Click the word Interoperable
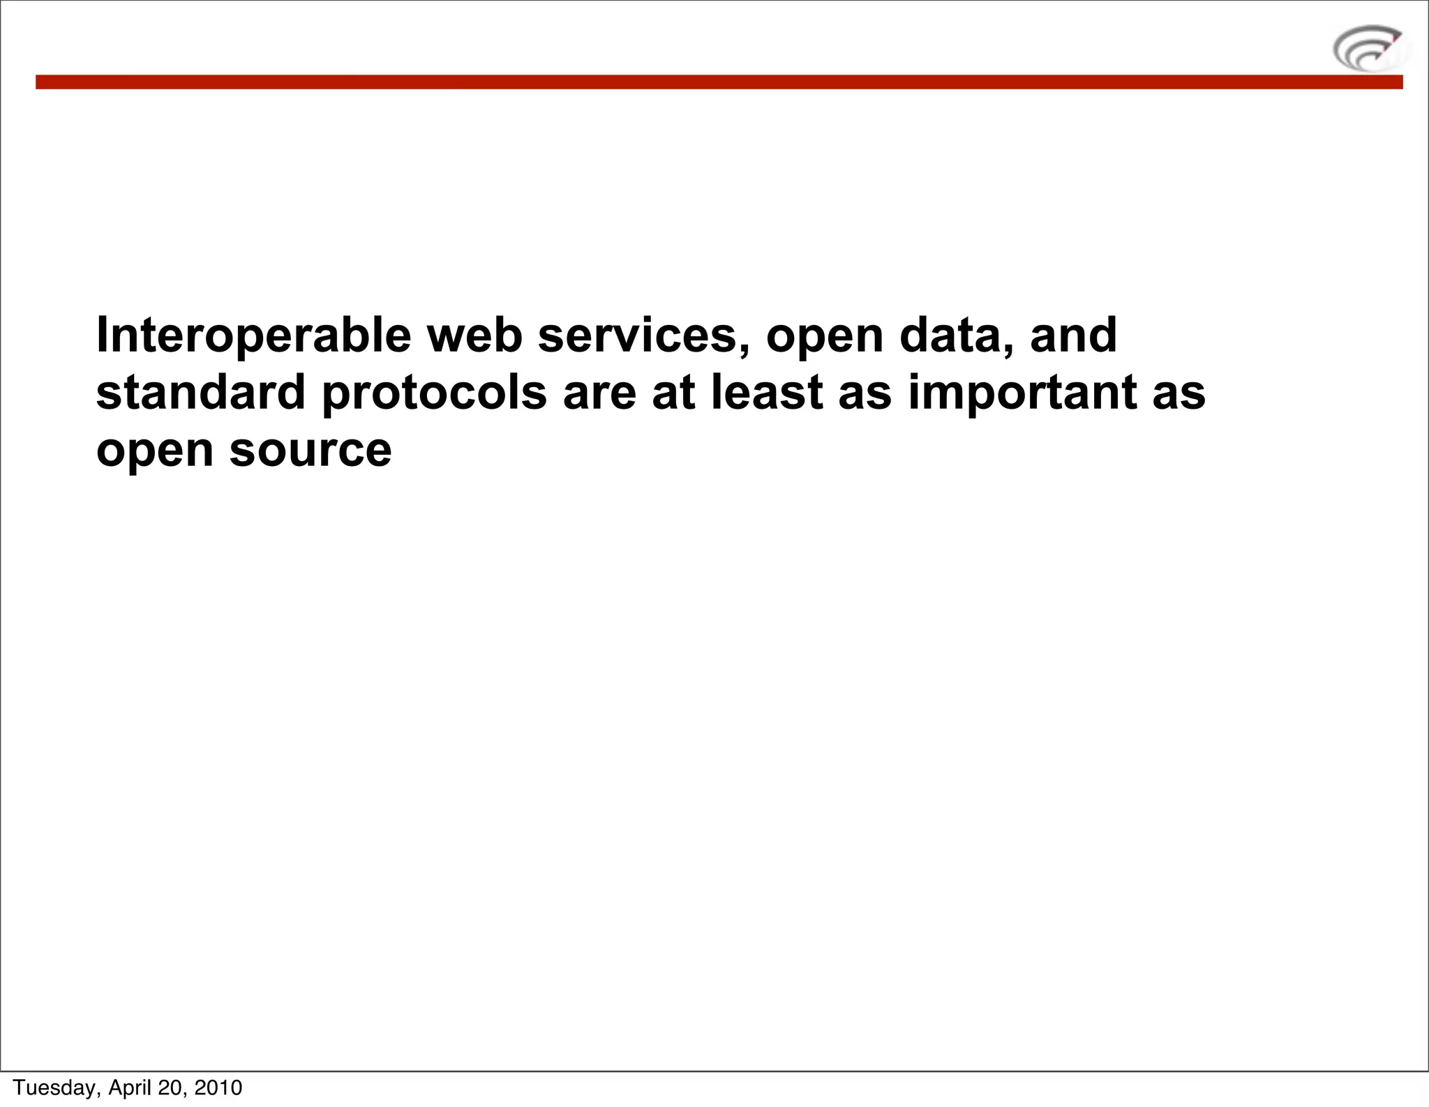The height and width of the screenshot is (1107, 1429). click(x=253, y=336)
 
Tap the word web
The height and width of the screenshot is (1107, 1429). click(x=474, y=336)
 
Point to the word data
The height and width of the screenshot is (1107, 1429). click(x=957, y=336)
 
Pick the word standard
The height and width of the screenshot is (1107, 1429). click(x=201, y=392)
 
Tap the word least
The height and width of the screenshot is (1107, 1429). click(x=767, y=392)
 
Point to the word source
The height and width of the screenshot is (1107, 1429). click(x=311, y=451)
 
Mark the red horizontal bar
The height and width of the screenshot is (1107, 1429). click(x=719, y=82)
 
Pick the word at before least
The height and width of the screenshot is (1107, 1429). click(x=673, y=393)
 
